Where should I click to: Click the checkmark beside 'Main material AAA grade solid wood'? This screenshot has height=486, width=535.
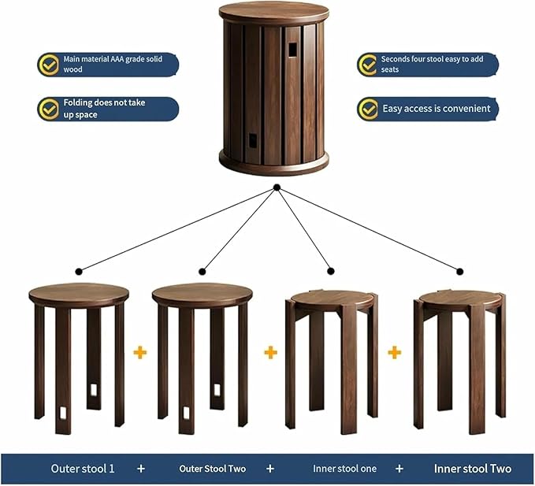click(50, 64)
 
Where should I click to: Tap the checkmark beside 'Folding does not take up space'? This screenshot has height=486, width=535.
click(50, 109)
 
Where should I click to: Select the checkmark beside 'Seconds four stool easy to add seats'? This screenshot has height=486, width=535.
click(368, 64)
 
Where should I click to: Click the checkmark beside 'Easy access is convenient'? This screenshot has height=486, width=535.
click(368, 109)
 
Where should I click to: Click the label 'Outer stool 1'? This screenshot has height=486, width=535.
click(83, 469)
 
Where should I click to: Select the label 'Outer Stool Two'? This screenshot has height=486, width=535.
click(213, 469)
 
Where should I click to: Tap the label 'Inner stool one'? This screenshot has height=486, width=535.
click(344, 469)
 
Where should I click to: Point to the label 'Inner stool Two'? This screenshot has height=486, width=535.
click(472, 469)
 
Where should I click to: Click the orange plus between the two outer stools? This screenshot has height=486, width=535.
click(139, 352)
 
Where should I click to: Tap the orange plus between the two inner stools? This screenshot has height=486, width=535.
click(394, 352)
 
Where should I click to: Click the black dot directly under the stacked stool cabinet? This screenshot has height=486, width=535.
click(277, 187)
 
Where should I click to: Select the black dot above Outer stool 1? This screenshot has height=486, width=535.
click(78, 272)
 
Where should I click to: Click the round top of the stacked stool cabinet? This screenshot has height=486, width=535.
click(273, 12)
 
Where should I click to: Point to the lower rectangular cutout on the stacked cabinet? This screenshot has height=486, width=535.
click(254, 140)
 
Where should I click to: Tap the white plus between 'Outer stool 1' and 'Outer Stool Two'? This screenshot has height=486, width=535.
click(141, 469)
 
